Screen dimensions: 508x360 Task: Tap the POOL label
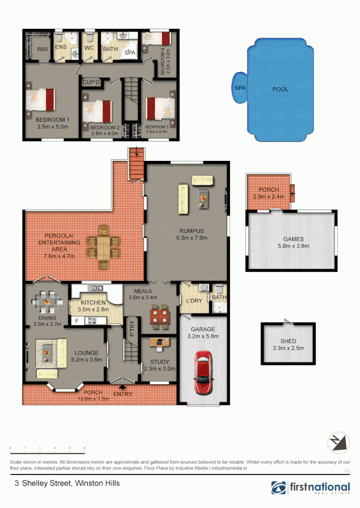280,89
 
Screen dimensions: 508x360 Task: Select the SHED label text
288,341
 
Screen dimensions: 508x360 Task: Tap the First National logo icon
278,488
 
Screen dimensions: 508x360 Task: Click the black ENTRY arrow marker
123,387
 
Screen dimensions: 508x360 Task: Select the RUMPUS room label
191,230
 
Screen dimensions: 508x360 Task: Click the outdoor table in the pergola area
103,246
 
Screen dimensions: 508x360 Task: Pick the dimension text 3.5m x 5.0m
53,127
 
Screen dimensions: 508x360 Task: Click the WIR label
43,48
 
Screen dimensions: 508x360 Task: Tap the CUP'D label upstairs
91,83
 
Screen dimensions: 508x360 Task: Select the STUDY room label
159,362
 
